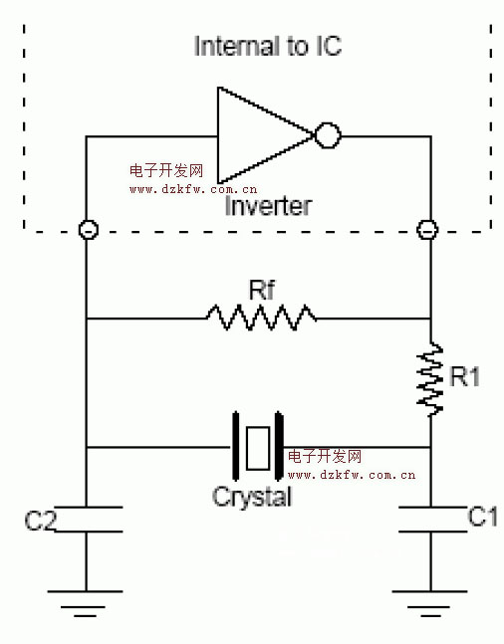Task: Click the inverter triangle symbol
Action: pos(263,135)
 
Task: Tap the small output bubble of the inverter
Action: pos(328,135)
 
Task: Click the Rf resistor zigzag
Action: pos(261,318)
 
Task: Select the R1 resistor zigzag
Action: pos(430,378)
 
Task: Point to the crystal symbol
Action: pos(258,447)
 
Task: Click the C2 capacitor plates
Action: pos(88,520)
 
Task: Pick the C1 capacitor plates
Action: pos(433,520)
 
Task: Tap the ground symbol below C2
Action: pos(85,604)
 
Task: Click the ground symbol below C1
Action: pos(430,604)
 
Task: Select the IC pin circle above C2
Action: pos(89,229)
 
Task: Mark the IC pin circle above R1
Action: pos(427,229)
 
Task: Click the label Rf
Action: pos(261,290)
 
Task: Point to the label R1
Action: pos(464,376)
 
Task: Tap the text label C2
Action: pos(40,521)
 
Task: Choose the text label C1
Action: pos(483,517)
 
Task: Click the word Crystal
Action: pos(252,497)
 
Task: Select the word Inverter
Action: pos(269,206)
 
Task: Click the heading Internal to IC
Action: pos(268,46)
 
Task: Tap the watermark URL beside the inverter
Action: pos(193,189)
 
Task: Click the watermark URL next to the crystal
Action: pos(352,475)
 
